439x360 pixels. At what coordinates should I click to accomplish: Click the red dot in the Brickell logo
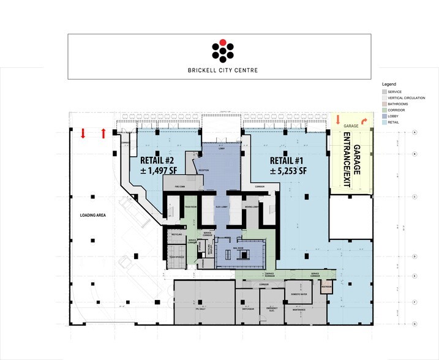coord(223,42)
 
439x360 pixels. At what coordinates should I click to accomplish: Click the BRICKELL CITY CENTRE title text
coord(223,70)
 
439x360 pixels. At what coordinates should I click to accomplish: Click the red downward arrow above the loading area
coord(83,133)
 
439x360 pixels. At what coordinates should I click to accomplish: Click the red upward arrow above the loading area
coord(103,133)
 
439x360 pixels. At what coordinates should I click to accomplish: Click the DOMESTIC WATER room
coord(299,294)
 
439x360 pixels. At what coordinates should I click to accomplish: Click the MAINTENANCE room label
coord(299,309)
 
